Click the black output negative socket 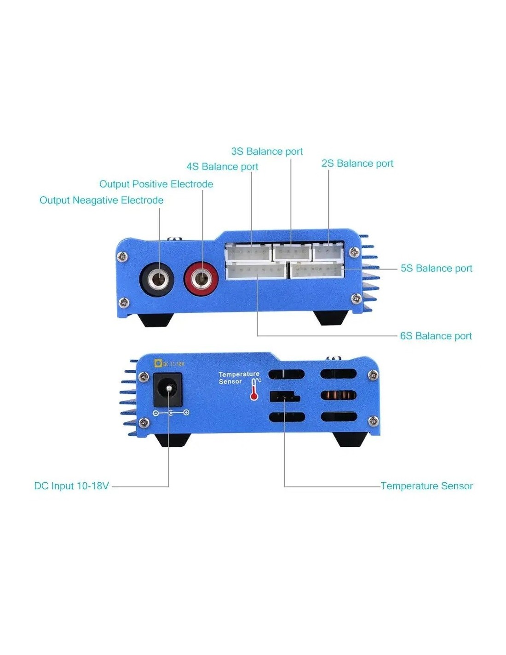point(156,279)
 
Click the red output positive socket point(201,279)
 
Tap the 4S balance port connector point(248,252)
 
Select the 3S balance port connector point(292,252)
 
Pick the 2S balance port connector point(328,251)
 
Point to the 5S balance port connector point(317,270)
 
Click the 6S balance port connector point(256,270)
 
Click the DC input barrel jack point(168,389)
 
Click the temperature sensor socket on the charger point(284,397)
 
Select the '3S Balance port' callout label point(267,152)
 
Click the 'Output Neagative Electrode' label point(101,200)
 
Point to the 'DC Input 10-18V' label point(71,486)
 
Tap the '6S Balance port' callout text point(436,336)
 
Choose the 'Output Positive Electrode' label point(156,184)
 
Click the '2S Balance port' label point(357,164)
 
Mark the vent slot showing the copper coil point(339,395)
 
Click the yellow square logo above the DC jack point(158,363)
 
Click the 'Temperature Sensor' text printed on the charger point(238,378)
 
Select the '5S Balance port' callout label point(436,269)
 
